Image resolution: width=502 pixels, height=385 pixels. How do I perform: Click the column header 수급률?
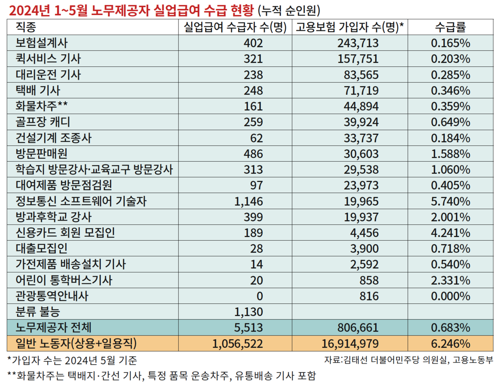click(x=450, y=27)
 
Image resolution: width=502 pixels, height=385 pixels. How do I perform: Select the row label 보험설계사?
click(x=42, y=43)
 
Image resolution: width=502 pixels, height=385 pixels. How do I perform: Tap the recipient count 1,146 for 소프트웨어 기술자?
click(x=249, y=201)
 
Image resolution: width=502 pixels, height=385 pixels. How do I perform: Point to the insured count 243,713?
click(x=358, y=43)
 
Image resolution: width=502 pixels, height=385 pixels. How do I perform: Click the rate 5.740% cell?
click(x=450, y=201)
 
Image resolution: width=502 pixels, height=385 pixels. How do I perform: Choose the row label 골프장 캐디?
click(x=43, y=122)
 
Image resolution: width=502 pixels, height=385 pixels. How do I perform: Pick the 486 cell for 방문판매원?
click(x=253, y=154)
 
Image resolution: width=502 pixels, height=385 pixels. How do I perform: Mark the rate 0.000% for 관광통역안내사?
click(x=450, y=296)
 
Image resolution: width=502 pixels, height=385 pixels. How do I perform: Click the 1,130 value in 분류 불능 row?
click(x=249, y=312)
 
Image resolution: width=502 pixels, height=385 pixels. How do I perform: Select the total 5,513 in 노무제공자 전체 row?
click(x=249, y=328)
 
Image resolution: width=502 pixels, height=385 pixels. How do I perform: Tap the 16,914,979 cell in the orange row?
click(x=350, y=344)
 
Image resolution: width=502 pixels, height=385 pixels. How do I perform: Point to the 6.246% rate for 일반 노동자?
click(x=450, y=344)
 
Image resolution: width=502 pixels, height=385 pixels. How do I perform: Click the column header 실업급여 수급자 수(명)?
click(x=235, y=27)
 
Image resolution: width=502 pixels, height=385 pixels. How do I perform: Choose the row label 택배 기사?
click(x=38, y=90)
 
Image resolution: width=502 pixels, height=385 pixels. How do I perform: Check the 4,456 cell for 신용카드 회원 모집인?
click(x=364, y=233)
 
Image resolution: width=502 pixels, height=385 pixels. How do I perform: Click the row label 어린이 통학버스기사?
click(x=64, y=280)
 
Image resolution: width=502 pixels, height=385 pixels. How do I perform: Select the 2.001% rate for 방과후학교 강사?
click(x=450, y=217)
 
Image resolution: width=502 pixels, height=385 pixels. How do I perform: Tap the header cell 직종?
click(x=26, y=27)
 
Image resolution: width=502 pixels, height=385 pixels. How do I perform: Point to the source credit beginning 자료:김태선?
click(x=408, y=359)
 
